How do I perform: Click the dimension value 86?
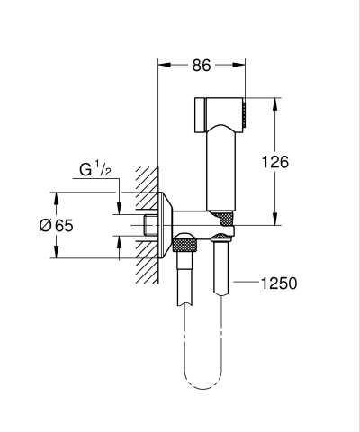(x=202, y=65)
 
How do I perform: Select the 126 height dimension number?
(x=275, y=162)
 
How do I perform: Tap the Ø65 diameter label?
(x=57, y=226)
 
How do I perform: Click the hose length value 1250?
(x=278, y=283)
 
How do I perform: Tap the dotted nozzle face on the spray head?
(x=241, y=115)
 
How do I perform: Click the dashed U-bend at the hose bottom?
(x=203, y=382)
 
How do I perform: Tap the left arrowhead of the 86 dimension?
(x=162, y=65)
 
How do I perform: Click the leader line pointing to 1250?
(x=245, y=283)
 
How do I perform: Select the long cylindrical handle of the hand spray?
(x=220, y=171)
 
